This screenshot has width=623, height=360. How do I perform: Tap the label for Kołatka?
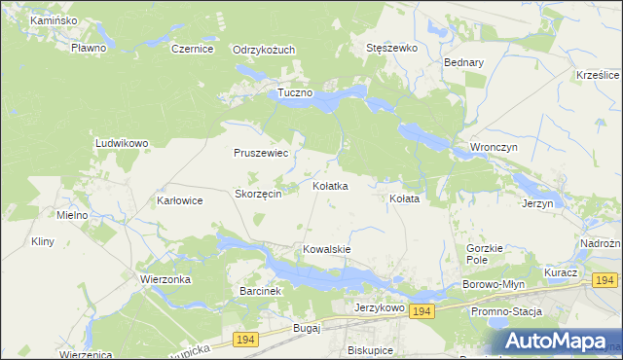point(330,185)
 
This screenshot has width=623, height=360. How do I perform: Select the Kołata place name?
point(404,198)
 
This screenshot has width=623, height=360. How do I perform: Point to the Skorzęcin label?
point(258,194)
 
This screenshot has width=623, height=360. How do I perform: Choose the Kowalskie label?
point(327,249)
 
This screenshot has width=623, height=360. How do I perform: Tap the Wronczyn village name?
point(494,147)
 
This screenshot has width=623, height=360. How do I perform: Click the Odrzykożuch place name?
point(264,50)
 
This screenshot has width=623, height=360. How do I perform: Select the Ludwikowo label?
point(121,143)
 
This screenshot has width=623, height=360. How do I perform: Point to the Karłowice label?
point(179,200)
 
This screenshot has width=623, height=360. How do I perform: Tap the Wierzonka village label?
point(165,278)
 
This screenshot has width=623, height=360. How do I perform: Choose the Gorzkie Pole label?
point(484,255)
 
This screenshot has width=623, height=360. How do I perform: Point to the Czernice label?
point(192,49)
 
